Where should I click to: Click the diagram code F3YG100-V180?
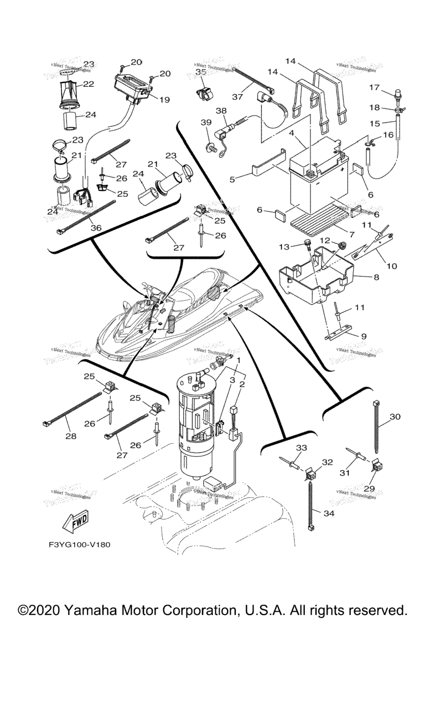click(x=80, y=544)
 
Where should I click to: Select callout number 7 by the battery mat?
click(x=367, y=228)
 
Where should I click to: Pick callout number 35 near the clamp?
click(x=200, y=72)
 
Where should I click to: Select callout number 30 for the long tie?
click(x=395, y=416)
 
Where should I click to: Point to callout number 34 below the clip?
click(x=329, y=513)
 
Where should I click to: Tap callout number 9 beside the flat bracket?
click(x=364, y=335)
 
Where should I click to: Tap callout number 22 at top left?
click(x=89, y=84)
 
